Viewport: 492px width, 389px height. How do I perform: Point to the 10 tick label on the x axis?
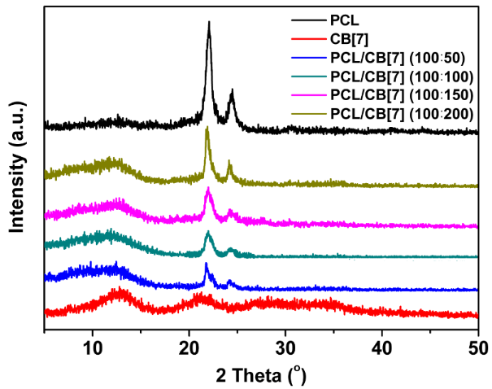[x=93, y=344]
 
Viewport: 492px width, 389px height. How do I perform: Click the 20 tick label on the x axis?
[x=189, y=344]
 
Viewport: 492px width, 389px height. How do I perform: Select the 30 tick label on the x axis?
[x=285, y=344]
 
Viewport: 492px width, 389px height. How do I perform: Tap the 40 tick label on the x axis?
[x=381, y=344]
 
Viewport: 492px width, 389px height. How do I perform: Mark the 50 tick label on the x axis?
[x=477, y=344]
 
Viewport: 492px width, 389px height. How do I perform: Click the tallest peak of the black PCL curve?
[x=209, y=24]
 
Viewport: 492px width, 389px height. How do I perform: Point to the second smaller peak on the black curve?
[x=232, y=91]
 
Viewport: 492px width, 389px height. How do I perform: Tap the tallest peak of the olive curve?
[x=207, y=129]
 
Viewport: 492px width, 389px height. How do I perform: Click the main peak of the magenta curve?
[x=209, y=189]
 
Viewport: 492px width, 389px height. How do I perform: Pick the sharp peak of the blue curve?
[x=207, y=264]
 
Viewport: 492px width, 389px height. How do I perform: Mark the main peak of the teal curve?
[x=209, y=234]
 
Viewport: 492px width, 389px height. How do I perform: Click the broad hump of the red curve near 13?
[x=122, y=291]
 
